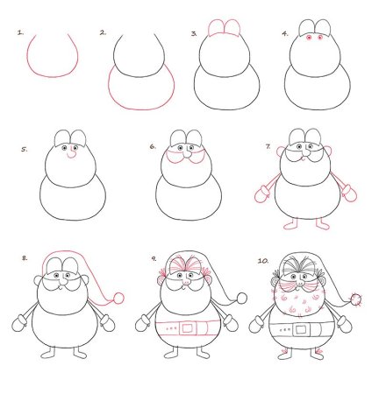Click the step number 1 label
pos(20,32)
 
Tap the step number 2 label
pos(103,32)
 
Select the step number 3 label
pos(194,34)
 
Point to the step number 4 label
pos(285,33)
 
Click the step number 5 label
pos(25,150)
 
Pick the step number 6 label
pos(153,146)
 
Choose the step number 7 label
pos(268,146)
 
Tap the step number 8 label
pos(25,258)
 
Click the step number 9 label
pos(154,258)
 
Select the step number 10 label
pos(263,261)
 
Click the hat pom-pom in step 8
pos(118,298)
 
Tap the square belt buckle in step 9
pos(186,328)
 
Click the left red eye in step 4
pos(308,38)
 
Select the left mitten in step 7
pos(261,194)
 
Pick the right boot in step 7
pos(322,225)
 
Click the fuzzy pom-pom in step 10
pos(356,299)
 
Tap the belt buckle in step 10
pos(299,330)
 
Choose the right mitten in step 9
pos(231,323)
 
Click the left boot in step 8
pos(48,353)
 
